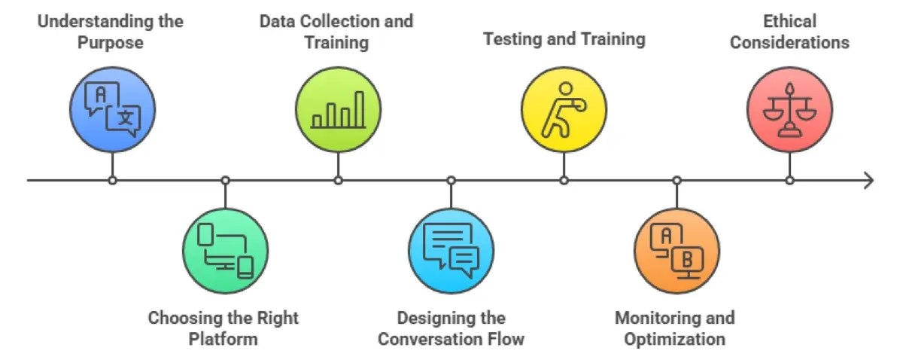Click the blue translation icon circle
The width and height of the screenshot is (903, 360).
pos(113,110)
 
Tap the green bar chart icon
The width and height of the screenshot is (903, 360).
pos(339,110)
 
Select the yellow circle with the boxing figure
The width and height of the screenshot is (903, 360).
pos(564,110)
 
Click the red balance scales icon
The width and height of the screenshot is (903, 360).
pos(789,110)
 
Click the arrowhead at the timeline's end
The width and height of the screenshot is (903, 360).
pos(869,181)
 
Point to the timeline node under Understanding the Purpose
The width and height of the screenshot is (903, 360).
pos(113,181)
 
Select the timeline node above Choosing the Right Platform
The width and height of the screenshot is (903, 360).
pos(226,181)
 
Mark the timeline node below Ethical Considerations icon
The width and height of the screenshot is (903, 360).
pos(789,181)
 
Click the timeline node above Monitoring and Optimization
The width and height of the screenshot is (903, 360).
pos(677,181)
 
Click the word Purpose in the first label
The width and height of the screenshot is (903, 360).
pos(111,42)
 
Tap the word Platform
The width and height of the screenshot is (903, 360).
pos(223,339)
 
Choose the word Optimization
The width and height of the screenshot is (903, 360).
pos(674,339)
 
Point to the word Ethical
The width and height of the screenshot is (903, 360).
pos(789,21)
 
